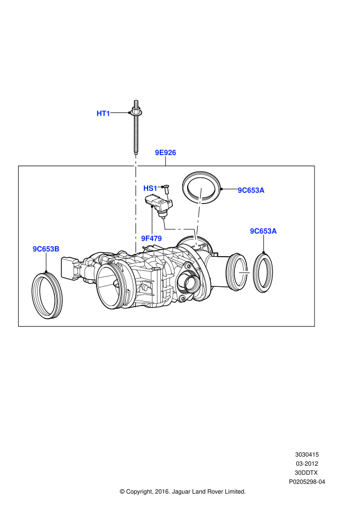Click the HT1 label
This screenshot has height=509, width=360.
103,114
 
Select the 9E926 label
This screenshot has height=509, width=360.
165,152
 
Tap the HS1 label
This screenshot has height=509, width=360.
150,189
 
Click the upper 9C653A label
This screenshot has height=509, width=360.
251,190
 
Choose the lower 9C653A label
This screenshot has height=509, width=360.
263,231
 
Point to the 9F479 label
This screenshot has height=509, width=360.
151,239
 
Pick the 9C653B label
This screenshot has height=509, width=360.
46,249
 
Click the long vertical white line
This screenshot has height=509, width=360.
136,203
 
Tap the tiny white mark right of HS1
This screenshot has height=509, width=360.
167,197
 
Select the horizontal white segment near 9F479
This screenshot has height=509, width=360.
179,229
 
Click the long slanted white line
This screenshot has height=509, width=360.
199,211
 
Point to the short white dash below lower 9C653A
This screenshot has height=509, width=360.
245,273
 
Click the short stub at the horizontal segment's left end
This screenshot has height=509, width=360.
164,224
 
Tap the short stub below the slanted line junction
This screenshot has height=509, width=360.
195,240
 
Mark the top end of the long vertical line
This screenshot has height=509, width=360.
136,157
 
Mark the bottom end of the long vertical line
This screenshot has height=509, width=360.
136,251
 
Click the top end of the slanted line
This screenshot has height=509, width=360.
201,190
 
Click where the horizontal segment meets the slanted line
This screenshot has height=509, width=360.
194,230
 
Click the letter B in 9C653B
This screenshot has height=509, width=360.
57,249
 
